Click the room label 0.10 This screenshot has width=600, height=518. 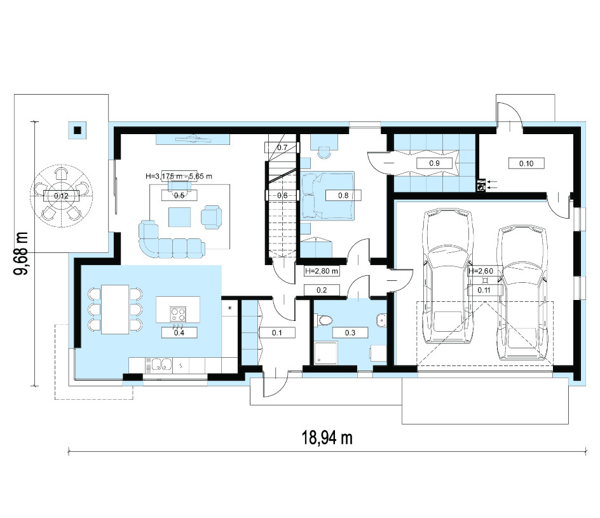pos(526,163)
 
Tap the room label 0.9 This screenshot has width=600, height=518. pos(434,163)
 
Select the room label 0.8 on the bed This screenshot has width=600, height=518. pos(343,196)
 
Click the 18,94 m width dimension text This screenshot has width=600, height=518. pos(327,438)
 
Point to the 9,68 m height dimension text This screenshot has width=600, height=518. pos(21,253)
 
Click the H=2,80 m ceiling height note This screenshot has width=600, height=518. pos(322,271)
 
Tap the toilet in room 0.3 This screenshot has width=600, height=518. pos(324,320)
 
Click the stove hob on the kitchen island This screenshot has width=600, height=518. pos(178,314)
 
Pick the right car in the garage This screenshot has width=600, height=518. pos(522,292)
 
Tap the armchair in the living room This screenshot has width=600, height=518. pos(212,217)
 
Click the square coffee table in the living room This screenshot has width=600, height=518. pos(179,217)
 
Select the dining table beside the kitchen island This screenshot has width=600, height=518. pos(115,309)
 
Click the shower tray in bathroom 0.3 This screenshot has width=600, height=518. pos(326,353)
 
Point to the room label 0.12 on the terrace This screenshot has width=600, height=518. pos(61,196)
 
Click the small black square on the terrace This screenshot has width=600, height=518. pos(78,130)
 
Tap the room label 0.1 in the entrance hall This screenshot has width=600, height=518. pos(276,333)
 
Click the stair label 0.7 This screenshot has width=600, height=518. pos(282,147)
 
